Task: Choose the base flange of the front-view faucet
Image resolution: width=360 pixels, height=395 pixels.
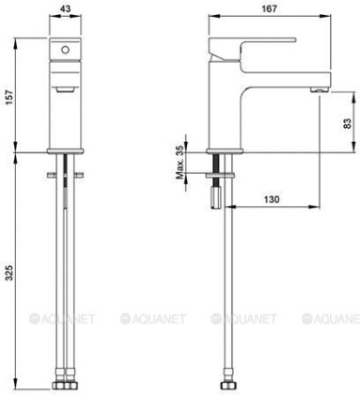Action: (x=65, y=151)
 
